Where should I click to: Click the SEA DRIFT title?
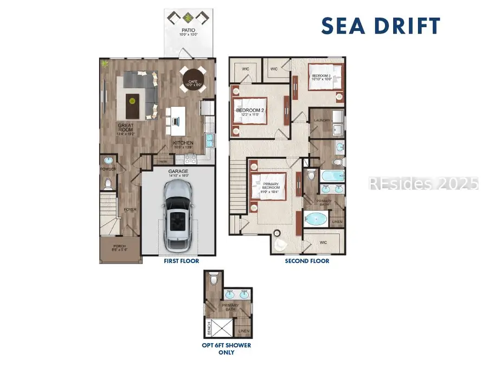(381, 25)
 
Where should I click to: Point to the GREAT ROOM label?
(126, 127)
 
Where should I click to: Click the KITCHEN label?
(183, 143)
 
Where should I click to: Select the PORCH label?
(119, 247)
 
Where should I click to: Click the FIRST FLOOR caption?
(182, 261)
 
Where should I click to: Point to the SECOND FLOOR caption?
(307, 261)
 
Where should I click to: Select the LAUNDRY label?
(322, 120)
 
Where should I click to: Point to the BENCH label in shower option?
(209, 328)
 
